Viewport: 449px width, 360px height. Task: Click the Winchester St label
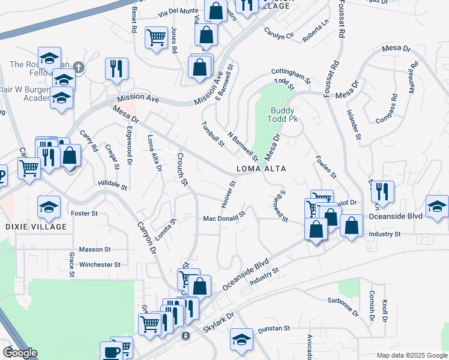pyautogui.click(x=100, y=264)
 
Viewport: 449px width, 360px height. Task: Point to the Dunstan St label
pyautogui.click(x=274, y=329)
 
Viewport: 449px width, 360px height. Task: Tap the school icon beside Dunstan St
pyautogui.click(x=241, y=339)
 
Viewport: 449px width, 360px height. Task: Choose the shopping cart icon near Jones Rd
pyautogui.click(x=156, y=37)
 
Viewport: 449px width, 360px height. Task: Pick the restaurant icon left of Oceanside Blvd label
pyautogui.click(x=382, y=192)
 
